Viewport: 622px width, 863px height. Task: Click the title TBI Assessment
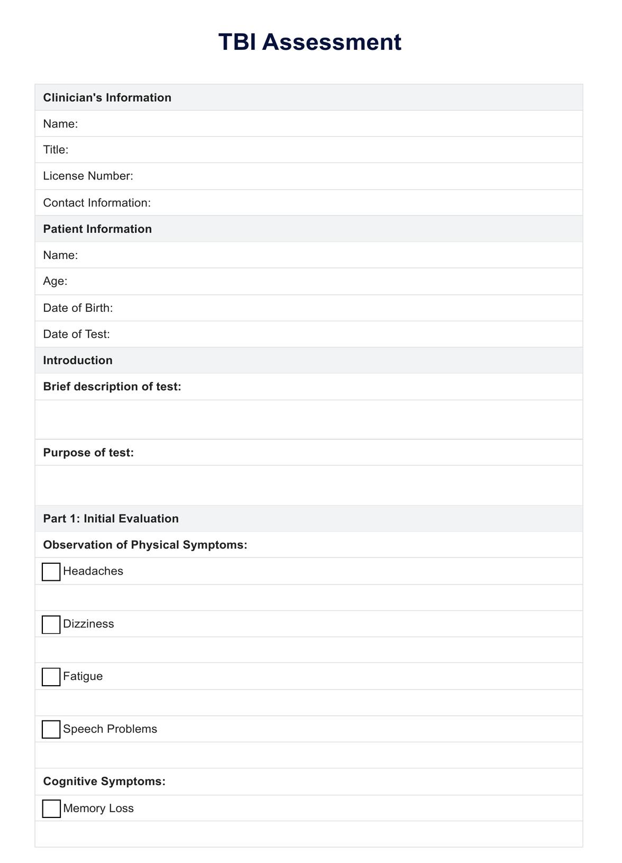coord(310,42)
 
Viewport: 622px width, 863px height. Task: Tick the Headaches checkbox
coord(51,572)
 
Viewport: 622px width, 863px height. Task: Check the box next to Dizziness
coord(51,624)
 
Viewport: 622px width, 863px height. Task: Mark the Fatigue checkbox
coord(51,677)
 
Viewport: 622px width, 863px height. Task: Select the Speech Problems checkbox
coord(51,729)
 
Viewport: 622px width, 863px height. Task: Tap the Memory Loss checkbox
coord(51,808)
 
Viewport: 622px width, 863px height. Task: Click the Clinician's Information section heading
coord(107,97)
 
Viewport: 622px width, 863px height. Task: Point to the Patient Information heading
coord(97,229)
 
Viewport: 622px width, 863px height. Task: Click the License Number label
coord(88,176)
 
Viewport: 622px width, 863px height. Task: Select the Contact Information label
coord(97,203)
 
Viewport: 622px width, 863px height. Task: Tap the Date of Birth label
coord(78,308)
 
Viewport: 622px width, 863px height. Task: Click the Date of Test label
coord(76,334)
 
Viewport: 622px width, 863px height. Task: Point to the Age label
coord(55,281)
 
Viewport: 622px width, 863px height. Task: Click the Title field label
coord(56,150)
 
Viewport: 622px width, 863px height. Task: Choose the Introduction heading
coord(78,360)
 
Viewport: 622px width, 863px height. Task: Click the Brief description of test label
coord(112,386)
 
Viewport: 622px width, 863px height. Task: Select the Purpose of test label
coord(88,453)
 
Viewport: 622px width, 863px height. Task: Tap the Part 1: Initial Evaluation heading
coord(111,518)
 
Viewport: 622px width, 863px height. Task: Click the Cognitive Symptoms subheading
coord(104,781)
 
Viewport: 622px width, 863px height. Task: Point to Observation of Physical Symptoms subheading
coord(145,545)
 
